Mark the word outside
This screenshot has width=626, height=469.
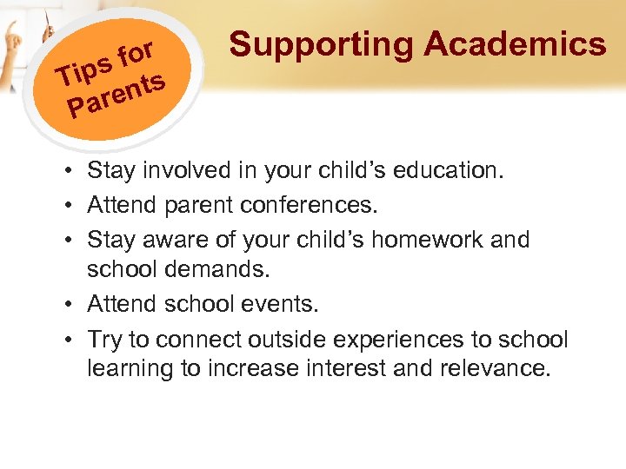pyautogui.click(x=283, y=339)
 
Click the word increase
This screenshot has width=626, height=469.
pyautogui.click(x=242, y=367)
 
